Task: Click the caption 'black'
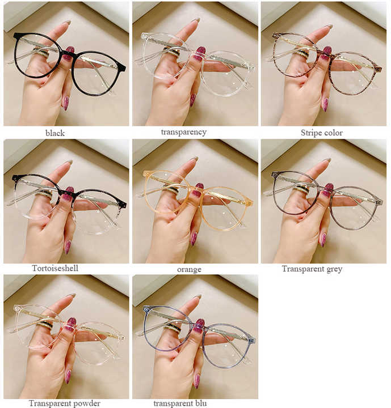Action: pyautogui.click(x=55, y=133)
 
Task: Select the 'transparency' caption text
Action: pyautogui.click(x=183, y=132)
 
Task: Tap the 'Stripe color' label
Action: pyautogui.click(x=322, y=133)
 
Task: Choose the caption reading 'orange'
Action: pyautogui.click(x=189, y=269)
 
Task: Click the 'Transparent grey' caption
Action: pyautogui.click(x=312, y=269)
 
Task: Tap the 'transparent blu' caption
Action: pyautogui.click(x=180, y=403)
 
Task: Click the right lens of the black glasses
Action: pyautogui.click(x=96, y=74)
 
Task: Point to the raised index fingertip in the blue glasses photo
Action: pyautogui.click(x=196, y=297)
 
